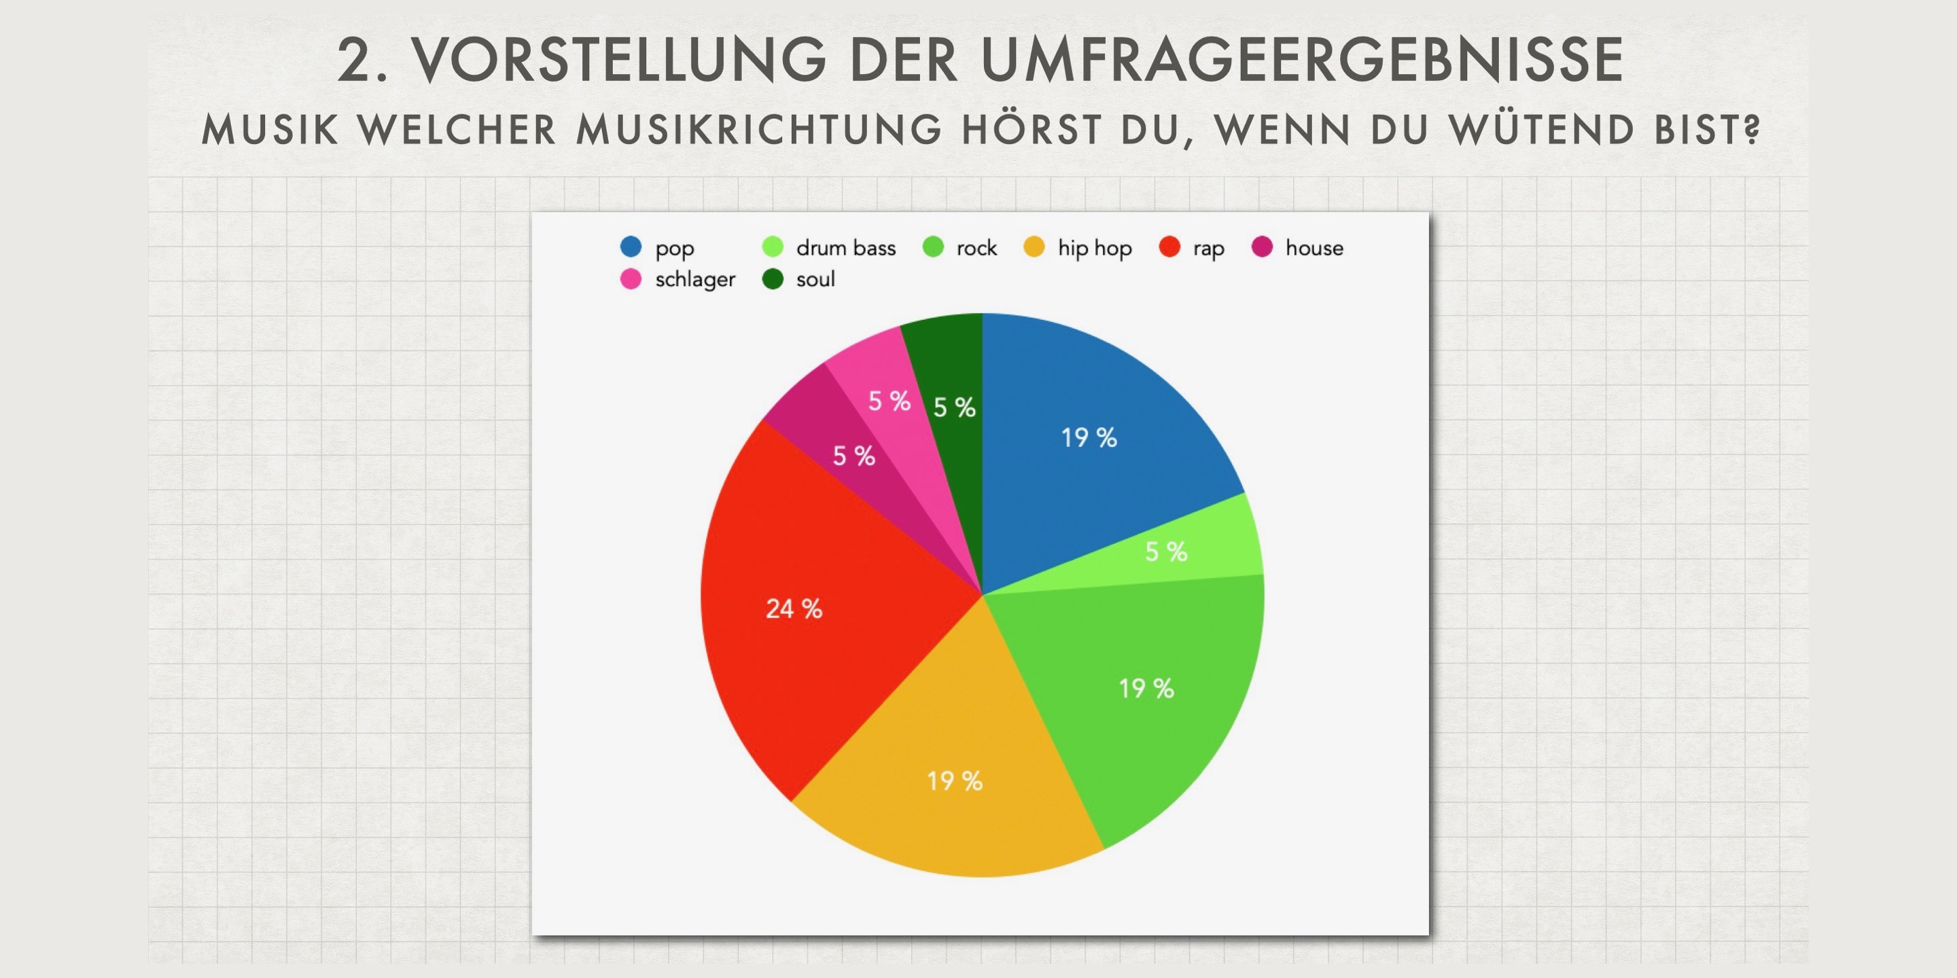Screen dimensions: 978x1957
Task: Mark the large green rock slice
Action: [1140, 683]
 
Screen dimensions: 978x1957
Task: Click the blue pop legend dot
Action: [631, 247]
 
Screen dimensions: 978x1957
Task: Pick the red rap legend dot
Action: [1169, 247]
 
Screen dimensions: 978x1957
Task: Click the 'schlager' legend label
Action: [695, 279]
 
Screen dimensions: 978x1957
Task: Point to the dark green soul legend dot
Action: [773, 278]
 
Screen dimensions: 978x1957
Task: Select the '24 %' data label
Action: [794, 609]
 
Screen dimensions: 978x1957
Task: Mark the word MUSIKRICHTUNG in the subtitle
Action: [758, 129]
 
